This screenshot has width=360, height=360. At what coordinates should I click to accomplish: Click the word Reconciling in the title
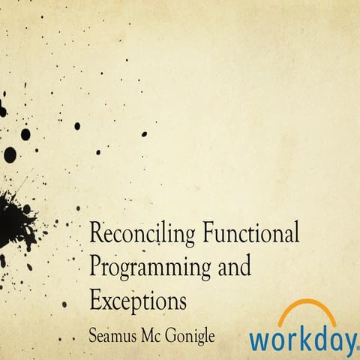point(142,234)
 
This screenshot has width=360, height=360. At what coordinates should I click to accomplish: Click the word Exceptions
point(137,300)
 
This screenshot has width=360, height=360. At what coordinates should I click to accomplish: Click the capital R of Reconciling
point(95,233)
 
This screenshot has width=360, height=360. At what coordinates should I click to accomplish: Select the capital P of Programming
point(94,265)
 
